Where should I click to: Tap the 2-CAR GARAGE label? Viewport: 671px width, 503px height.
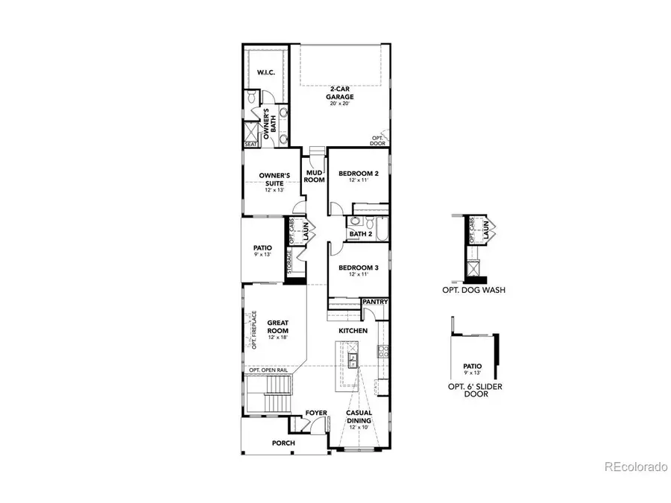click(x=342, y=93)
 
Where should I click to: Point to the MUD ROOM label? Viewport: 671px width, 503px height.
click(x=314, y=176)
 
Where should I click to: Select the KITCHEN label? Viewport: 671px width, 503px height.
click(x=353, y=330)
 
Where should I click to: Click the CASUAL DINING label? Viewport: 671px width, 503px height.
click(x=359, y=417)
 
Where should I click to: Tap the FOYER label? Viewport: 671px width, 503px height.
click(x=316, y=412)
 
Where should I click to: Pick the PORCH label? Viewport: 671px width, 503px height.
click(x=283, y=443)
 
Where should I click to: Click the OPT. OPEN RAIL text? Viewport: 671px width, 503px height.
click(x=268, y=370)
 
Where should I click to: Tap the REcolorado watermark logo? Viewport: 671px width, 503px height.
click(x=635, y=467)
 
